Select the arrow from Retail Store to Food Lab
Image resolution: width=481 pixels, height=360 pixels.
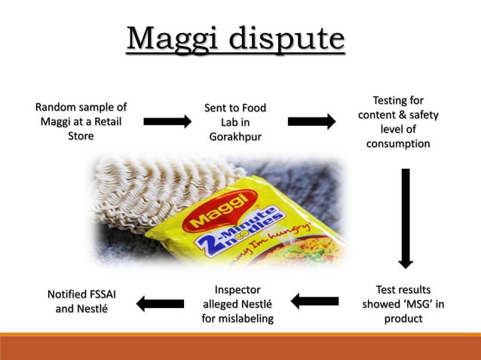[x=167, y=121]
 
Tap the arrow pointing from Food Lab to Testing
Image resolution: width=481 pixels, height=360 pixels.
[x=311, y=121]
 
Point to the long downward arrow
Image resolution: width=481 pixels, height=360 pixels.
[x=406, y=218]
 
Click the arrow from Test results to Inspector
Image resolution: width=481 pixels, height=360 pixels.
[x=314, y=302]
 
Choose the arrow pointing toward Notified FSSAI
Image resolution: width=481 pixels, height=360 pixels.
[x=160, y=304]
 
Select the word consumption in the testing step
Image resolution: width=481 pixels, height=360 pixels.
[x=398, y=144]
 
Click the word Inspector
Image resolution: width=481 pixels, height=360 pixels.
[x=237, y=289]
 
